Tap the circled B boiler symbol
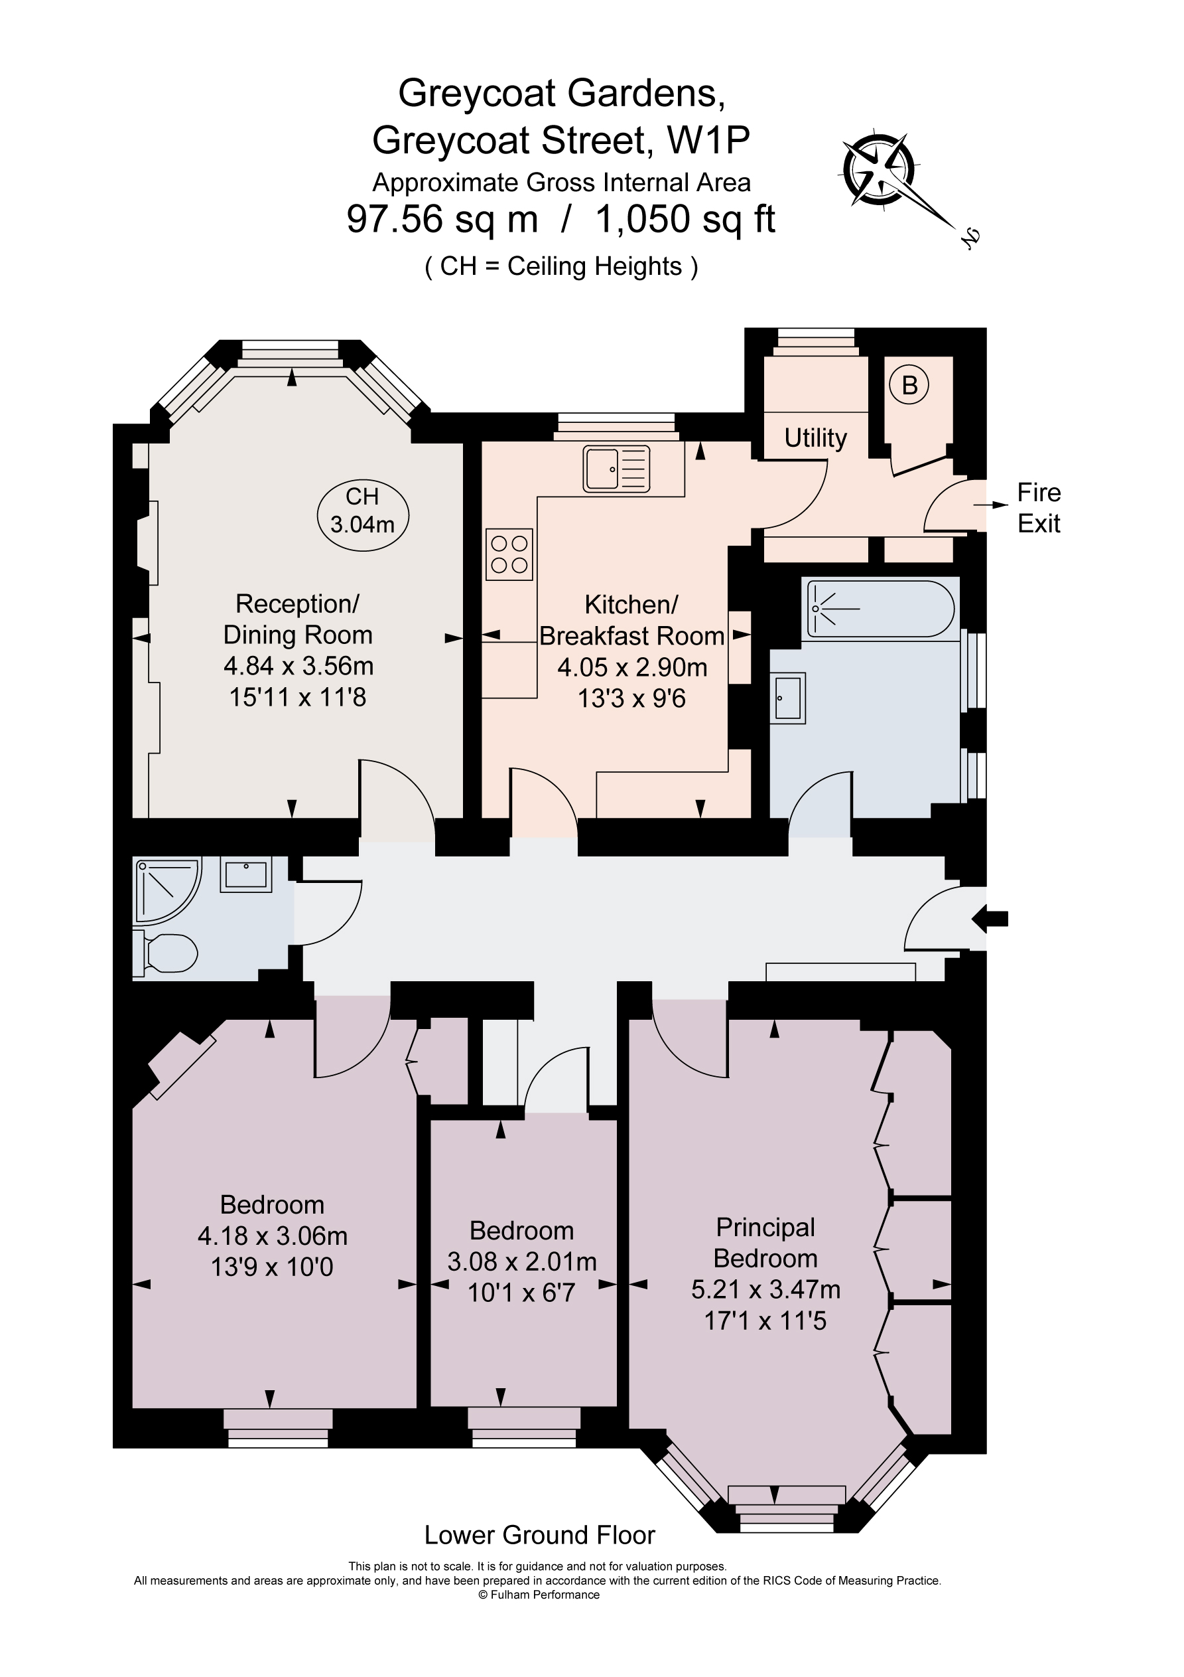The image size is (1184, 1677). (x=909, y=385)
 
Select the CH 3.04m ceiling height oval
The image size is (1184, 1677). (x=363, y=511)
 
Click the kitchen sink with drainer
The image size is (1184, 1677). (x=616, y=468)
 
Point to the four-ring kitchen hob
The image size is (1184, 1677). (x=509, y=554)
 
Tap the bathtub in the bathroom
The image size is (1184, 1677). (x=880, y=607)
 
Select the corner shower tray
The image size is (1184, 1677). (x=165, y=890)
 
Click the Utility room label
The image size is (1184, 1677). (x=815, y=438)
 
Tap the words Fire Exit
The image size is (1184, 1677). (x=1039, y=509)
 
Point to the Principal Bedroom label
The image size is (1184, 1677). (x=765, y=1242)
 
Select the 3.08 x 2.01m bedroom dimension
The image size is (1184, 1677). (x=522, y=1261)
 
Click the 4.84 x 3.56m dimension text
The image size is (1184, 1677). (x=298, y=666)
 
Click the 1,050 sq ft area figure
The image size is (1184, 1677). (x=685, y=219)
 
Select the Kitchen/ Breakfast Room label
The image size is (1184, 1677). (x=631, y=620)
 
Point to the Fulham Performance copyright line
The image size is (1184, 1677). (x=539, y=1595)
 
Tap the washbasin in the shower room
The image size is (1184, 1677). (x=246, y=874)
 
